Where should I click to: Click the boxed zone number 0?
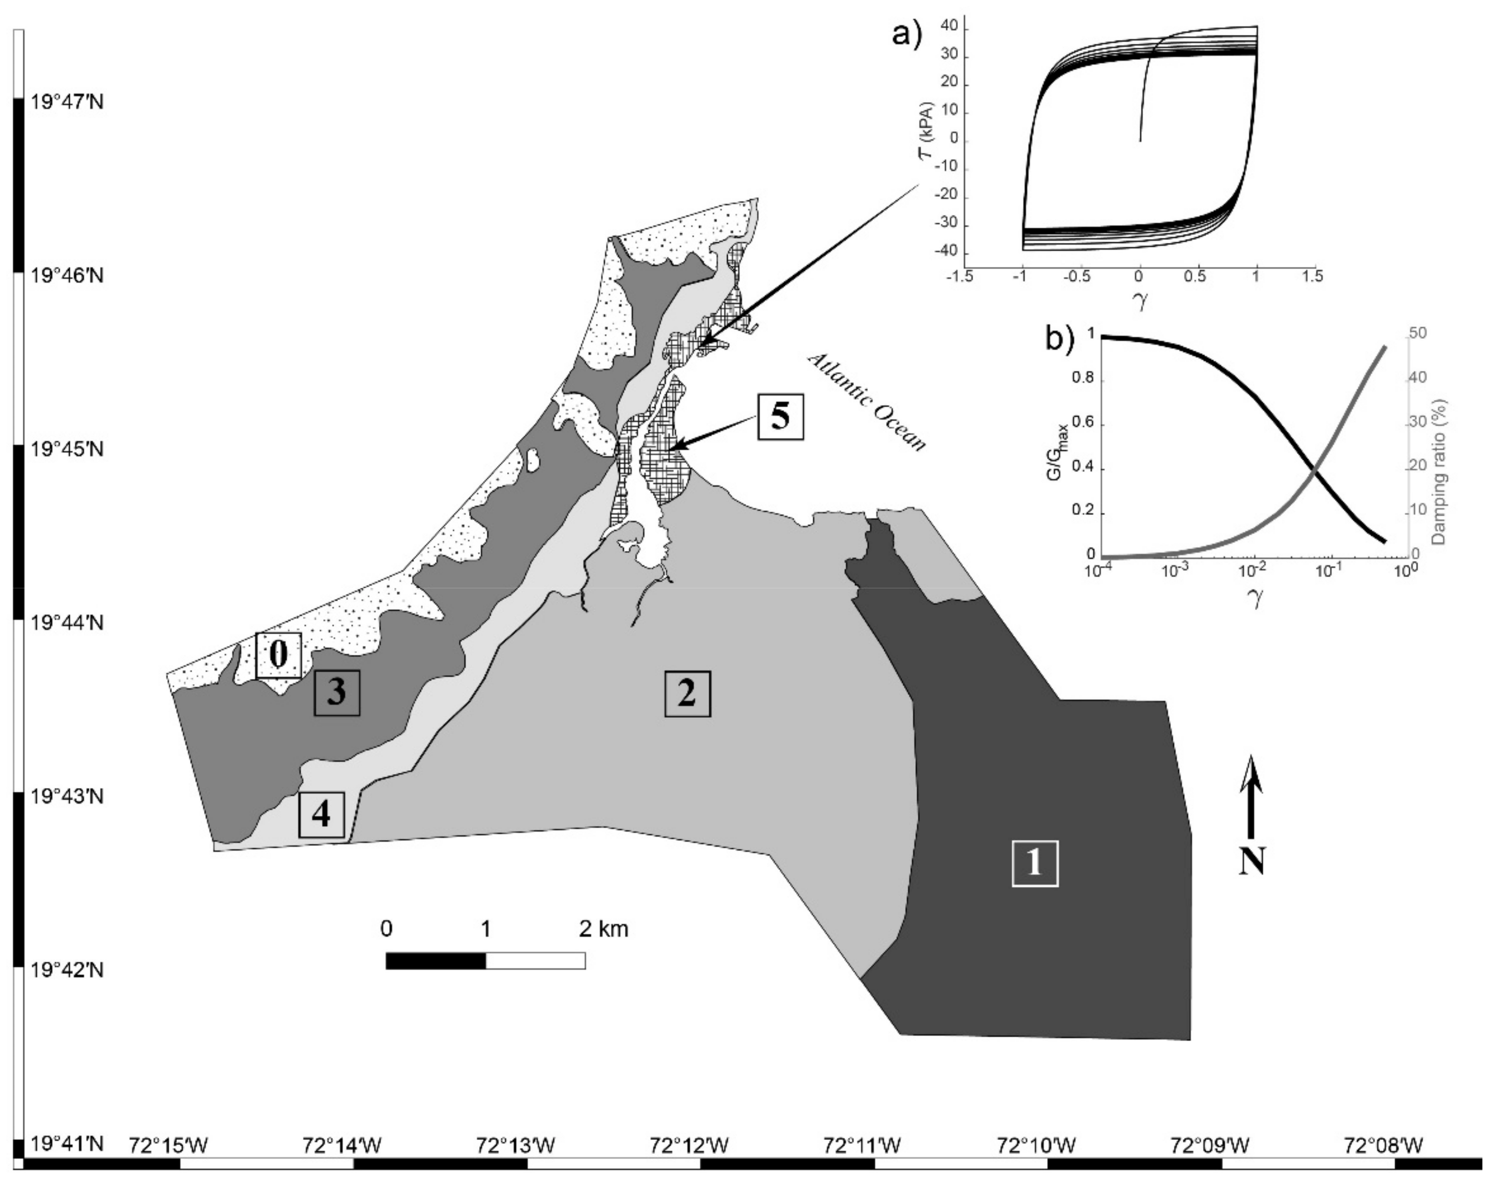278,654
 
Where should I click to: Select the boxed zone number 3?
337,692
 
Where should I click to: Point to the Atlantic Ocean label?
866,402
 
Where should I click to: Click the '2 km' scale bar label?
604,928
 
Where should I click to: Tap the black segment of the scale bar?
436,960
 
